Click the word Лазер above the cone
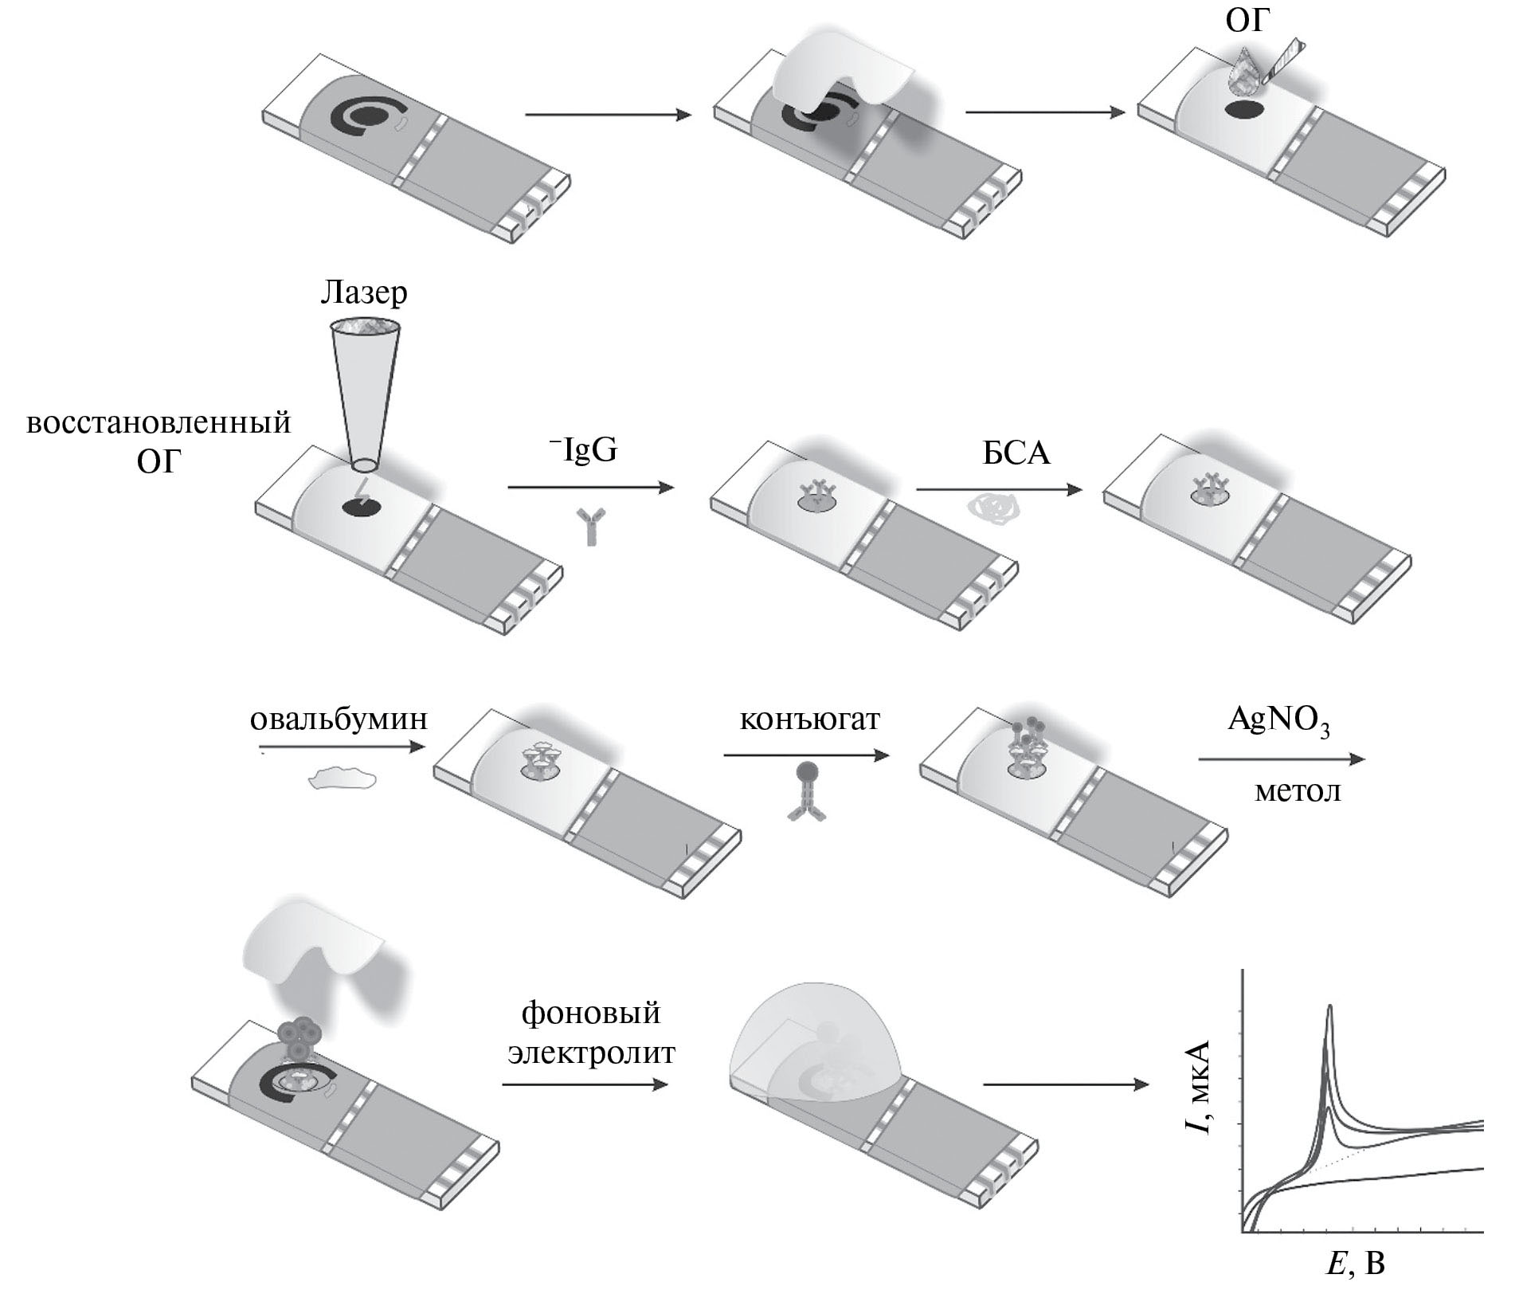point(364,292)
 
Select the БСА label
point(1016,453)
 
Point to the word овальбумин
point(339,719)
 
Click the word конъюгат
point(810,719)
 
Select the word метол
point(1298,792)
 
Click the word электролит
point(591,1053)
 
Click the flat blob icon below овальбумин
point(343,777)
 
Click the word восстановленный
point(159,422)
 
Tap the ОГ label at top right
point(1245,20)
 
